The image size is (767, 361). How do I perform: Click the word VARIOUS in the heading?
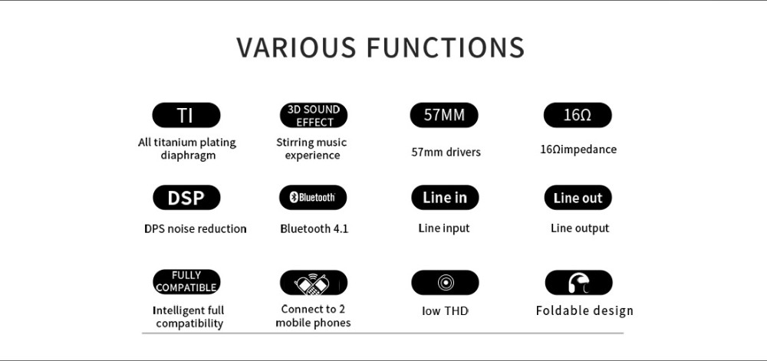coord(296,48)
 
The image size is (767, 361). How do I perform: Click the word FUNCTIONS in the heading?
coord(445,48)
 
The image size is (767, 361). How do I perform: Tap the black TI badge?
coord(186,115)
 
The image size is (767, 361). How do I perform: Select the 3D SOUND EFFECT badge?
coord(314,115)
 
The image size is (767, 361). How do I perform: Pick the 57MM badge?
coord(444,115)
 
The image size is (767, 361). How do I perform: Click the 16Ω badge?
coord(578,115)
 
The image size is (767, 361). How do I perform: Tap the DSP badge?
coord(186,197)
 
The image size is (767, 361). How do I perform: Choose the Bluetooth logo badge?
coord(313,197)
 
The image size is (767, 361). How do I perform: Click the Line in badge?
coord(445,197)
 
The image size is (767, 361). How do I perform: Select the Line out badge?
coord(578,197)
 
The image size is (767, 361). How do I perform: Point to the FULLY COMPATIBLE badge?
coord(186,282)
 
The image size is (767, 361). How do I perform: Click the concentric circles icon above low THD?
coord(445,282)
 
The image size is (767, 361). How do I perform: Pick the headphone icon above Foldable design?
coord(578,283)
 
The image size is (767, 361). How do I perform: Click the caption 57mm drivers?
coord(446,152)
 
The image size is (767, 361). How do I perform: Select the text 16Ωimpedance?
coord(578,149)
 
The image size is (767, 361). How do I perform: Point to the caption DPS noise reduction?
coord(195,228)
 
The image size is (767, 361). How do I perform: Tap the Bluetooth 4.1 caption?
coord(314,228)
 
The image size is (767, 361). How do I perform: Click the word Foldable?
coord(562,310)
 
